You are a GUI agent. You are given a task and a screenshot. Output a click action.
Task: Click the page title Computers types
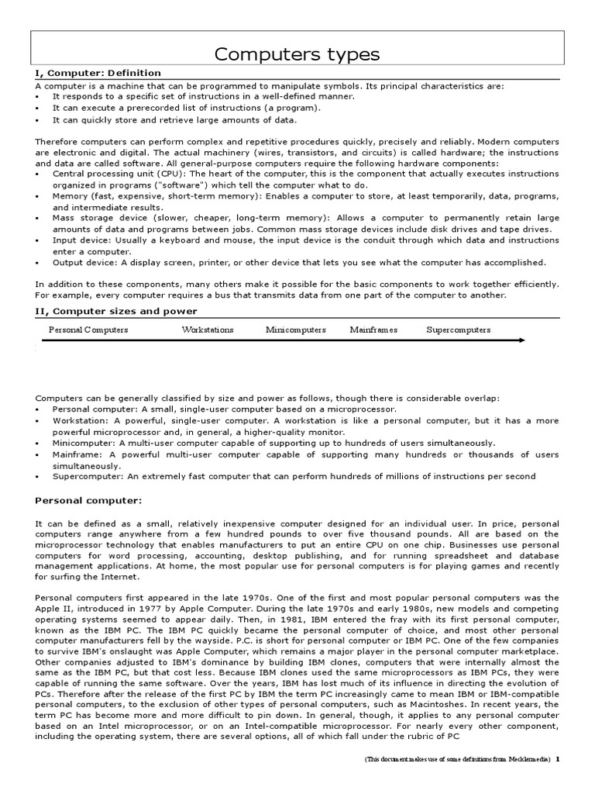point(297,54)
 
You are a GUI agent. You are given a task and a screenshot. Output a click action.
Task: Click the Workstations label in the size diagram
point(207,330)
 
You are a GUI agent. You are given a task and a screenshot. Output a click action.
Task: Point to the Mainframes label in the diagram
point(373,330)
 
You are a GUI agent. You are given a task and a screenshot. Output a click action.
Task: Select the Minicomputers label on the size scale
point(295,330)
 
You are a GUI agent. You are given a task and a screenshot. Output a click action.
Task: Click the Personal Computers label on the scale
point(88,330)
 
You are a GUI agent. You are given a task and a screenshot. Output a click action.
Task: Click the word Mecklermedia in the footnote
point(524,782)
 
